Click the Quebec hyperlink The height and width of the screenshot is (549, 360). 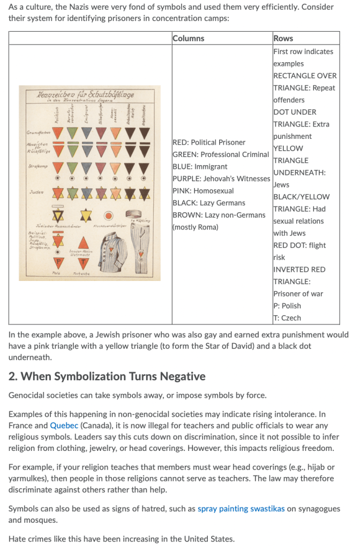tap(64, 426)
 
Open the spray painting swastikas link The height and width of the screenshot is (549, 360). tap(241, 509)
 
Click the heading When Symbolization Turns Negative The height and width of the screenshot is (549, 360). tap(107, 376)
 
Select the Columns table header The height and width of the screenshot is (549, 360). tap(189, 38)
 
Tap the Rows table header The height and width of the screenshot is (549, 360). tap(283, 38)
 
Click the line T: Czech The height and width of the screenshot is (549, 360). tap(287, 318)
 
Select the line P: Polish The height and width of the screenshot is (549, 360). tap(287, 306)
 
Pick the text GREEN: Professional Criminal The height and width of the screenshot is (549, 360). tap(221, 154)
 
